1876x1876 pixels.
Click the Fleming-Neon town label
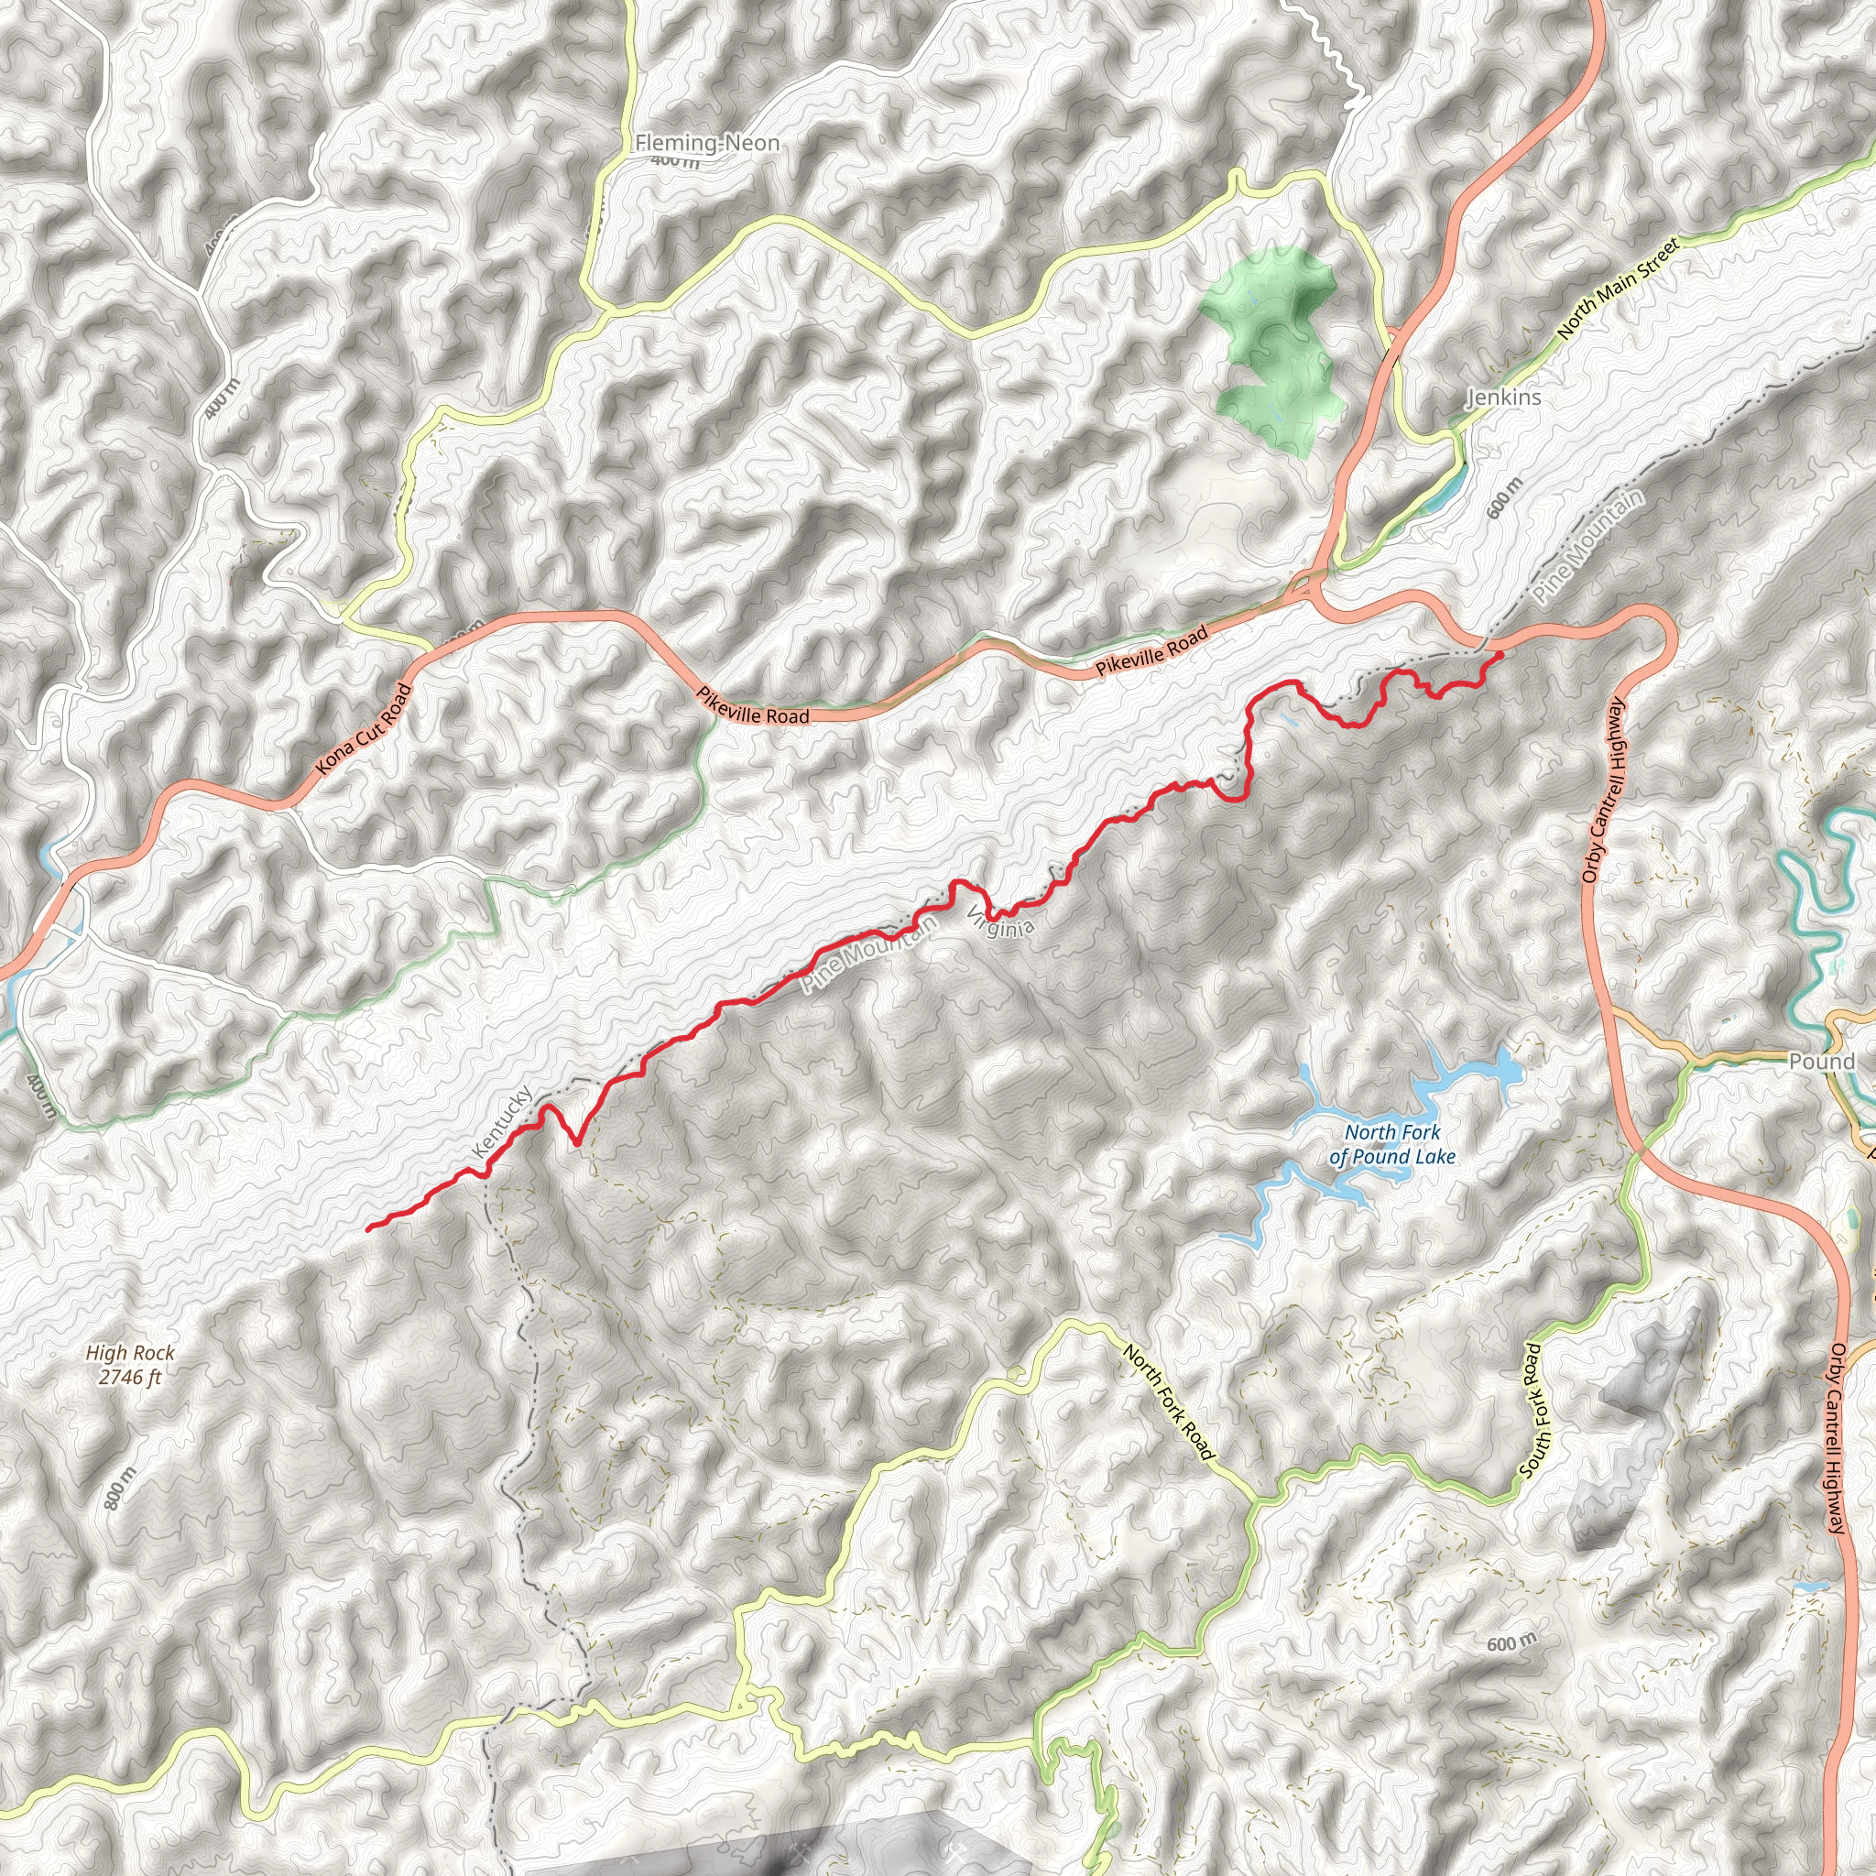(707, 144)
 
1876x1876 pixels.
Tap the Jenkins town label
(1503, 398)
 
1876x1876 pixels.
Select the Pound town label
(1822, 1062)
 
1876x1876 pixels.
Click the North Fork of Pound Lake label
(1391, 1144)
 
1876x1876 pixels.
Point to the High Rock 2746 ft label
(130, 1364)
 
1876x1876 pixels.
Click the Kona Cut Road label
(365, 729)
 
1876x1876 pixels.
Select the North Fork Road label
(1168, 1402)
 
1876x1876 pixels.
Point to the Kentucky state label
(501, 1121)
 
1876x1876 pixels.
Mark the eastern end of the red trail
(1500, 656)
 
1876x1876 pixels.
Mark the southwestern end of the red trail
(368, 1229)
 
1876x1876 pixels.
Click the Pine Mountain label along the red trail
(869, 954)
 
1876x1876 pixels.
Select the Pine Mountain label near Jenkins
(1589, 547)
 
